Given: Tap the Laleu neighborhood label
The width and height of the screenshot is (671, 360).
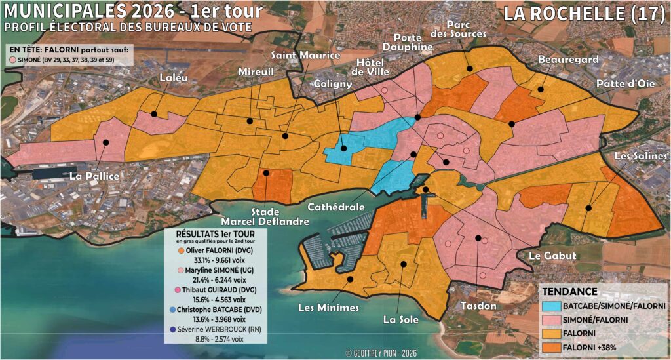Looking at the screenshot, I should (x=174, y=79).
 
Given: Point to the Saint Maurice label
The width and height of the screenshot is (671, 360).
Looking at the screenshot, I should (x=306, y=55).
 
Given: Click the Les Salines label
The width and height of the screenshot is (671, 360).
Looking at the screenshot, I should (x=641, y=156).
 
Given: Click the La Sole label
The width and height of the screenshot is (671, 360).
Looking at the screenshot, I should (x=398, y=321).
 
